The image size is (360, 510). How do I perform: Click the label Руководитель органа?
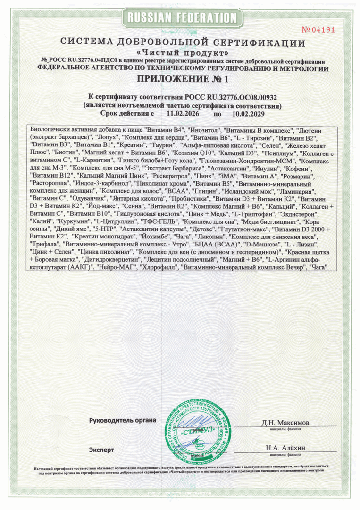pos(122,420)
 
